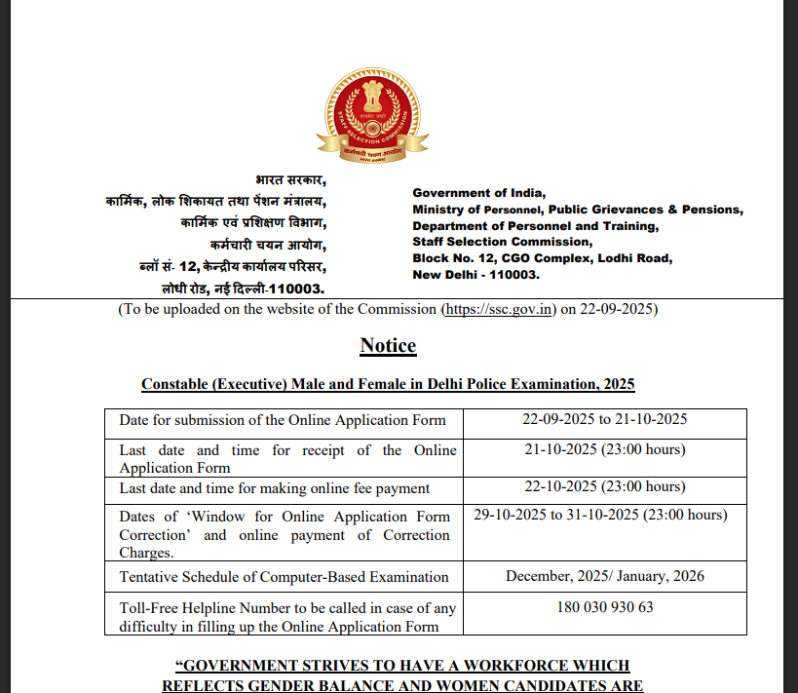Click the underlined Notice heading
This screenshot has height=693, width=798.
388,346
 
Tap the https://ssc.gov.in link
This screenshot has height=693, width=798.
500,310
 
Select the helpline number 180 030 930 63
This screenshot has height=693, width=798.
605,607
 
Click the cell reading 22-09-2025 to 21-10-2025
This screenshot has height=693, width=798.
605,420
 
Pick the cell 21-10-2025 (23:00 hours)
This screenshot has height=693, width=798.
605,449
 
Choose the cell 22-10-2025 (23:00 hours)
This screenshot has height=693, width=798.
605,487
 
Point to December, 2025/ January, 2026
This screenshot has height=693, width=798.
605,576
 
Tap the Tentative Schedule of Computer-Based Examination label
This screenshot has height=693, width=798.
284,577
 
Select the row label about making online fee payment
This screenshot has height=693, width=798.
275,488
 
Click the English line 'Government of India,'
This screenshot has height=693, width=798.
479,193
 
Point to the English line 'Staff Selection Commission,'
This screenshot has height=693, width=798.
502,242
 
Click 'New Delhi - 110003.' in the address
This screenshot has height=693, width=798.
475,275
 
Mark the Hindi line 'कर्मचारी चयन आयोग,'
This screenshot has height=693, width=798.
269,245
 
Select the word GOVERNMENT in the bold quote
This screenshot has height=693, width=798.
242,666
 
